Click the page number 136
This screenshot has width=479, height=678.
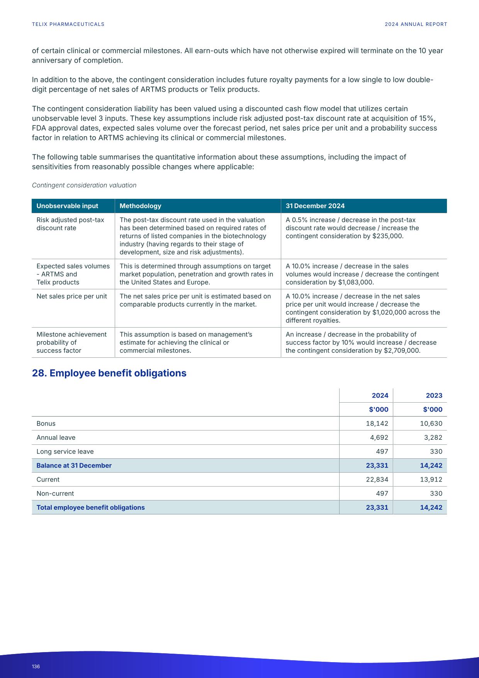click(36, 666)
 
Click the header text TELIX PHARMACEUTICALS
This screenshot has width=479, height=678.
click(68, 24)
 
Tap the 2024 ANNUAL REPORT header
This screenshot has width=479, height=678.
click(416, 24)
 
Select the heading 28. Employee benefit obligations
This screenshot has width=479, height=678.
click(109, 373)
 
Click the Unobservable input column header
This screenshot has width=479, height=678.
click(67, 206)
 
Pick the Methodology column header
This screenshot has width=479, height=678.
click(140, 206)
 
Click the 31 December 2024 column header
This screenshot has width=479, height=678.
click(315, 206)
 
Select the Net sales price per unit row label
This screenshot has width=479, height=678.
click(71, 296)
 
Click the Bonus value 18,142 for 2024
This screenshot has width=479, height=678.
click(377, 424)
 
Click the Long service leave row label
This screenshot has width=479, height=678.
click(65, 452)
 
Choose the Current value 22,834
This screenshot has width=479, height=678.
click(377, 480)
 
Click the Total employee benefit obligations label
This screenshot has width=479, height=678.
click(90, 507)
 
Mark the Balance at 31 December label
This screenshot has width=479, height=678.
click(74, 466)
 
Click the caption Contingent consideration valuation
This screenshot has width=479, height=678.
click(84, 185)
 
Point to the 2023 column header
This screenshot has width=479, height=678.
click(434, 396)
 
